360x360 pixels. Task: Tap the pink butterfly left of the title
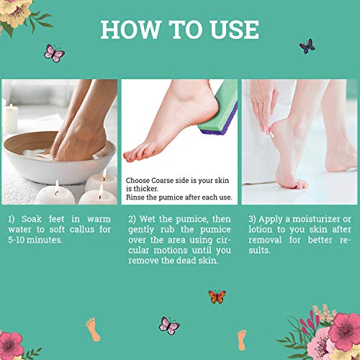coord(54,53)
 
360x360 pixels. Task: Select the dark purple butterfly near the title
coord(307,46)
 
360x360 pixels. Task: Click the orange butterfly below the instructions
coord(217,297)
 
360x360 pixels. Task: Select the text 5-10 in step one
coord(21,241)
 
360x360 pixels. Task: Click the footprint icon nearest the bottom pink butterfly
coord(93,329)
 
